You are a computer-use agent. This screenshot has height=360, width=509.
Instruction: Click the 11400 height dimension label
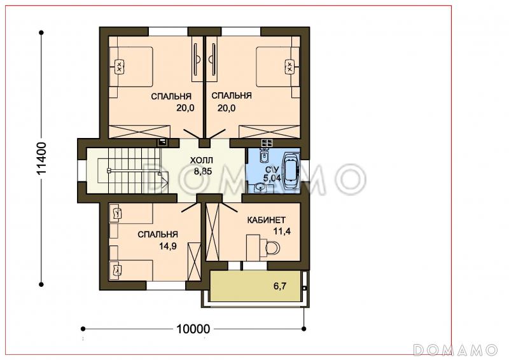coord(42,158)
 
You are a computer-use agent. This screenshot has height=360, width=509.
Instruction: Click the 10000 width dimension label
coord(193,329)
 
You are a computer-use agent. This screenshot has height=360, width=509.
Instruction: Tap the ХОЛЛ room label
coord(201,160)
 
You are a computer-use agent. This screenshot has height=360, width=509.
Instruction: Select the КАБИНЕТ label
coord(266,220)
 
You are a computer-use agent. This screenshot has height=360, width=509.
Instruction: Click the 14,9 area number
coord(168,246)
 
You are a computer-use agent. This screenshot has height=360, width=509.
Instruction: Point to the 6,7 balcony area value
coord(280,286)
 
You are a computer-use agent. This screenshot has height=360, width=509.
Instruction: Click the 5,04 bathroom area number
coord(272,178)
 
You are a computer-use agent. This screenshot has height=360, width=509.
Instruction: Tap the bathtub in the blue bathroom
coord(291,170)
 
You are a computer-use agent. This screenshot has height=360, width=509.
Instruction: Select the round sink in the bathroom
coord(259,188)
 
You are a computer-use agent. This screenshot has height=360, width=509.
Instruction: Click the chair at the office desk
coord(272,248)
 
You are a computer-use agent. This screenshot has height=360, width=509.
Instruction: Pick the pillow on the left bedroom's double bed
coord(119,67)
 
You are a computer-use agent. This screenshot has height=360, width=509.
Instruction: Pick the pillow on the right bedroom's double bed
coord(289,67)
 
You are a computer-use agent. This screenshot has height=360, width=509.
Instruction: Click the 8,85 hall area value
coord(203,171)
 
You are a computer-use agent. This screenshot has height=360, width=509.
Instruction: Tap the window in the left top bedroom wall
coord(168,32)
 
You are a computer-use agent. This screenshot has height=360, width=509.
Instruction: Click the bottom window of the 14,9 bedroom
coord(166,286)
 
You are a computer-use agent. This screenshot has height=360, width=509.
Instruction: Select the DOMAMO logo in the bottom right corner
coord(456,350)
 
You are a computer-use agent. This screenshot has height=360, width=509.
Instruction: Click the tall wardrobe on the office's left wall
coord(213,232)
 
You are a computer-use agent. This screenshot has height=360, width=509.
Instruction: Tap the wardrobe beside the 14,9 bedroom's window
coord(194,263)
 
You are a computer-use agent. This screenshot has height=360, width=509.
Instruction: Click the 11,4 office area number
coord(282,232)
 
